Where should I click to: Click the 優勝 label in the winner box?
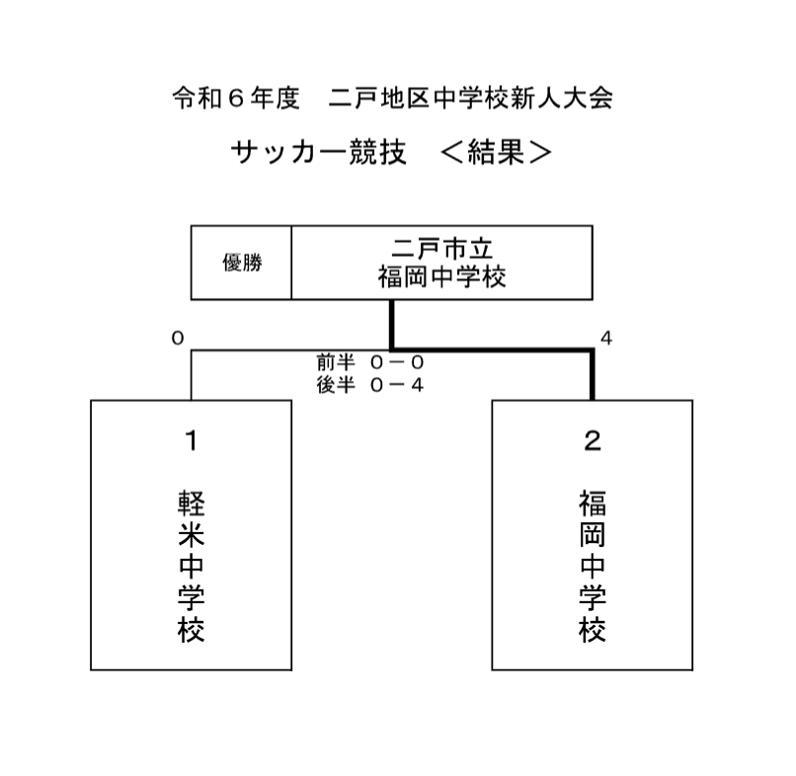(242, 263)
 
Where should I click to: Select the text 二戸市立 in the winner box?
(441, 249)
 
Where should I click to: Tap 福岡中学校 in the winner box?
(441, 277)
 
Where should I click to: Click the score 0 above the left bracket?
(178, 338)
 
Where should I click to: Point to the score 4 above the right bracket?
(606, 338)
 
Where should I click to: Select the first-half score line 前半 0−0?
(370, 362)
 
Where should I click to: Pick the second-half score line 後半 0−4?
(370, 385)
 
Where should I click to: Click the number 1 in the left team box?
(192, 440)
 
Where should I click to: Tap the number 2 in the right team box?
(593, 440)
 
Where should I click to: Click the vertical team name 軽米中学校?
(192, 566)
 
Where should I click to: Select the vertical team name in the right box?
(593, 566)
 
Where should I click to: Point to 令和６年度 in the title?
(236, 98)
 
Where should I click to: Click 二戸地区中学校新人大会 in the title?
(471, 98)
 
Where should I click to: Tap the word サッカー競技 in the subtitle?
(319, 152)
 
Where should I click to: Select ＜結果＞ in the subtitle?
(496, 152)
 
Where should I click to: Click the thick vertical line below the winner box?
(392, 325)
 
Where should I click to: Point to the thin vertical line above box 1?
(192, 375)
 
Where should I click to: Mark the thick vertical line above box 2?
(592, 374)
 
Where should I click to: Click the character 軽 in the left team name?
(192, 503)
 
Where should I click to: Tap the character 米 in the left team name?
(192, 534)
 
